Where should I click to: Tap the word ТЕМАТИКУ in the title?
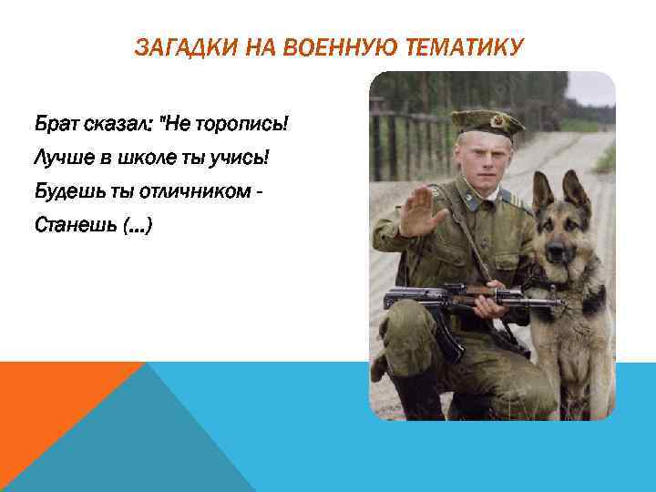tap(472, 47)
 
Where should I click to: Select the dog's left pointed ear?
tap(543, 190)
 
